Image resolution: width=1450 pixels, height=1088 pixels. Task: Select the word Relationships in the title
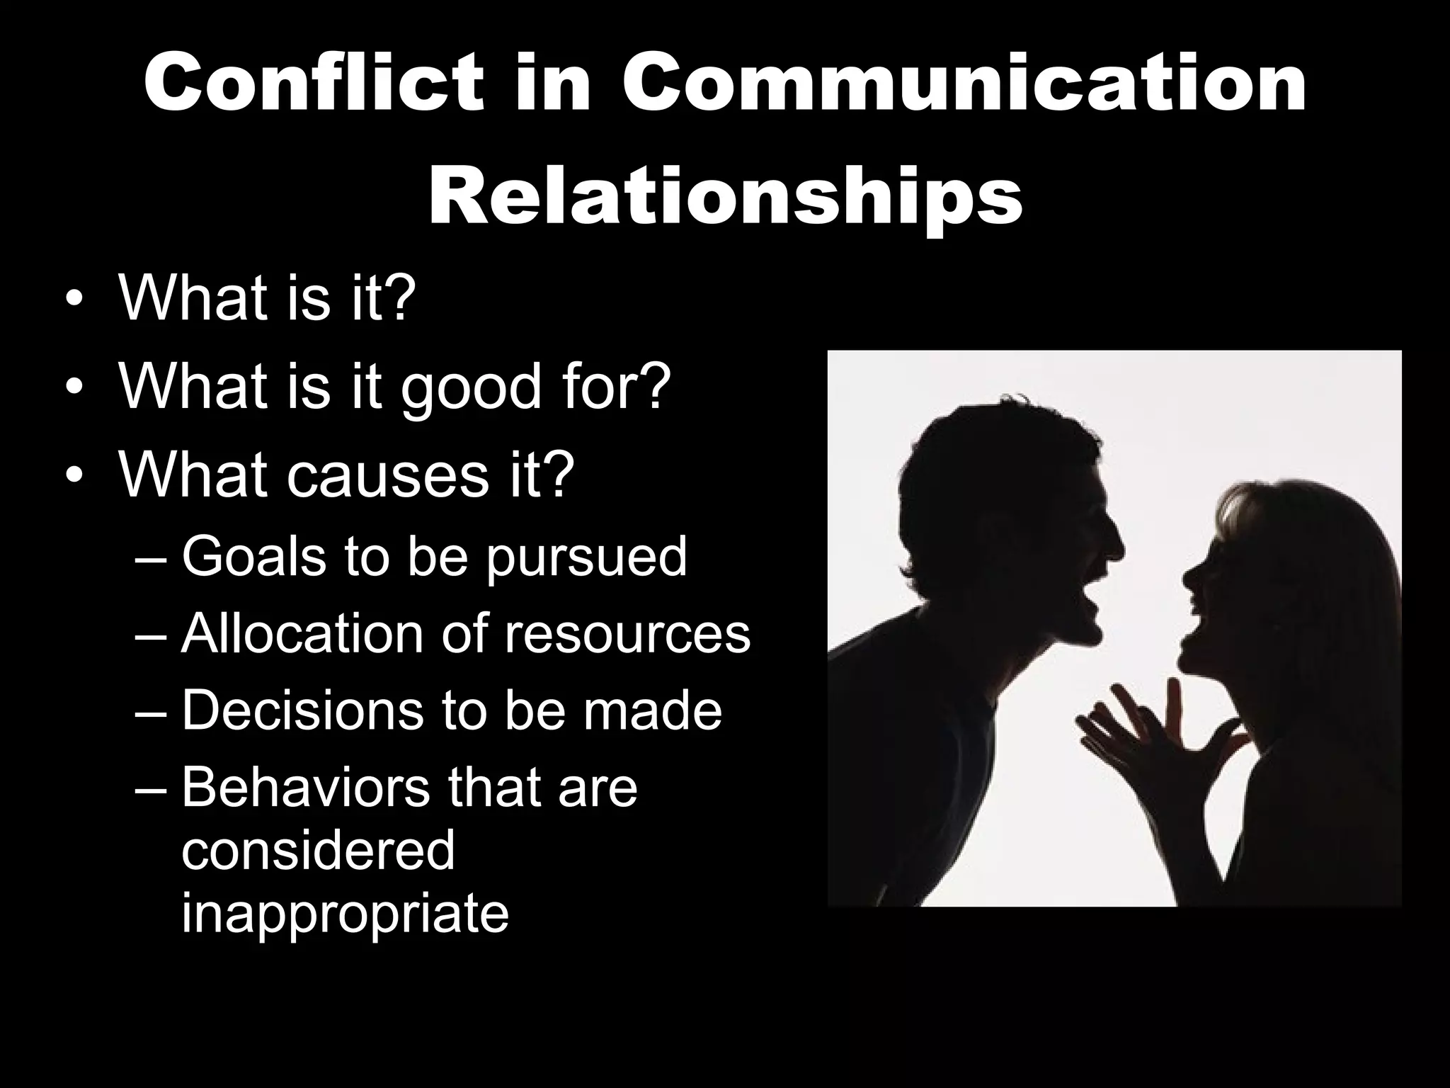(x=725, y=193)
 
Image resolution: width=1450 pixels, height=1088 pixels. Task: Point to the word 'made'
(x=651, y=710)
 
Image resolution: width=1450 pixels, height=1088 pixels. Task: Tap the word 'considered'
(x=318, y=849)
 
